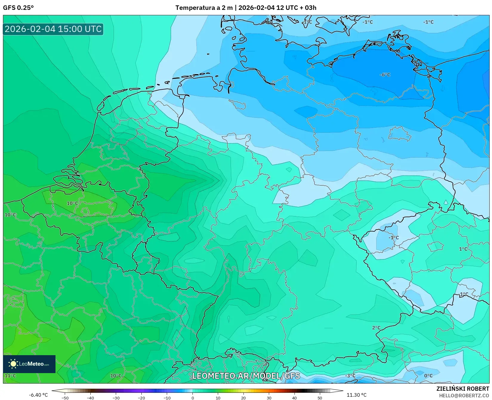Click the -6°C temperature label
pyautogui.click(x=385, y=75)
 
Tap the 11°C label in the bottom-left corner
pyautogui.click(x=10, y=376)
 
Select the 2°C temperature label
pyautogui.click(x=376, y=328)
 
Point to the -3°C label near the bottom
pyautogui.click(x=350, y=376)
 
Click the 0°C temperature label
pyautogui.click(x=428, y=376)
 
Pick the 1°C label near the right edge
pyautogui.click(x=463, y=249)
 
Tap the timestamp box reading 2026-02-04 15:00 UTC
pyautogui.click(x=53, y=29)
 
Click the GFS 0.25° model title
pyautogui.click(x=18, y=8)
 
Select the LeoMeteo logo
pyautogui.click(x=29, y=364)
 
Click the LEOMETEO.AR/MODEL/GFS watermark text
pyautogui.click(x=246, y=376)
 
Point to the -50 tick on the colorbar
pyautogui.click(x=65, y=398)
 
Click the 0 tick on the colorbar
pyautogui.click(x=192, y=398)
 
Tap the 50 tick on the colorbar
pyautogui.click(x=320, y=398)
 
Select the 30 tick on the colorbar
pyautogui.click(x=269, y=398)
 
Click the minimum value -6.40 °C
pyautogui.click(x=38, y=395)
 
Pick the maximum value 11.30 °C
pyautogui.click(x=356, y=395)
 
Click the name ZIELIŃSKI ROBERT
pyautogui.click(x=463, y=389)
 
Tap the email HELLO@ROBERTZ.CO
pyautogui.click(x=464, y=396)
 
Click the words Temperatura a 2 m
pyautogui.click(x=204, y=8)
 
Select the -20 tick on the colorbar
pyautogui.click(x=141, y=398)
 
